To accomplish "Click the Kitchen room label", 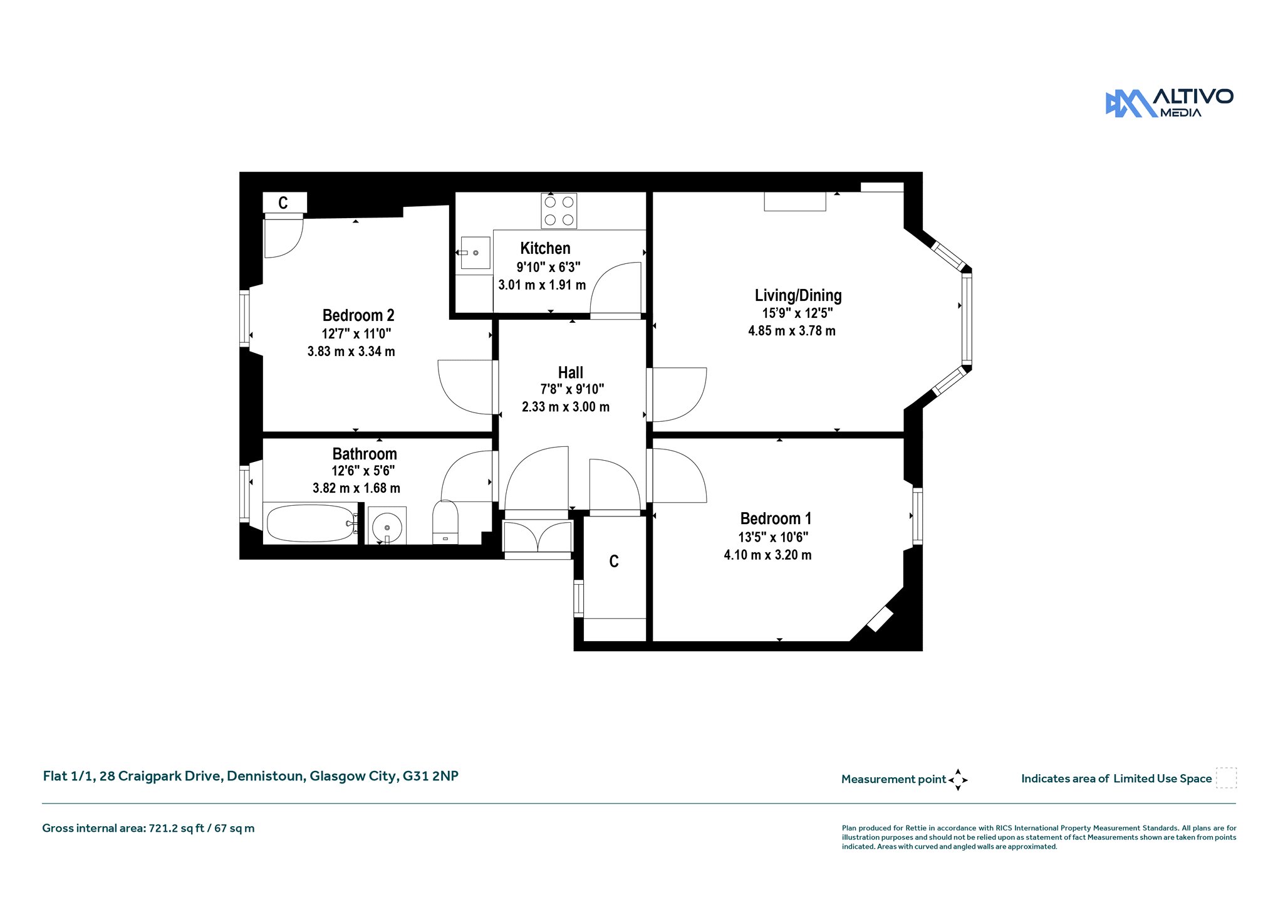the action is pyautogui.click(x=545, y=248).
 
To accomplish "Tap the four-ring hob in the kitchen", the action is pyautogui.click(x=559, y=211).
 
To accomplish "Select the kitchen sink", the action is pyautogui.click(x=475, y=253).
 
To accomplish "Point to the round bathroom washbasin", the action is pyautogui.click(x=387, y=526).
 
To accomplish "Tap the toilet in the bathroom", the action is pyautogui.click(x=445, y=522).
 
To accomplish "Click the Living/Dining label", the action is pyautogui.click(x=798, y=295).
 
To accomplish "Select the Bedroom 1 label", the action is pyautogui.click(x=776, y=518).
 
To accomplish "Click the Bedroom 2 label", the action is pyautogui.click(x=358, y=315).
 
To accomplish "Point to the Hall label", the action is pyautogui.click(x=571, y=372).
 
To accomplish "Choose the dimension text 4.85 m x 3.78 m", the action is pyautogui.click(x=792, y=331).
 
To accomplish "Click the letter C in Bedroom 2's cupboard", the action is pyautogui.click(x=283, y=203).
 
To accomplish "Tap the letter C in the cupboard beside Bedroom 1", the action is pyautogui.click(x=614, y=562).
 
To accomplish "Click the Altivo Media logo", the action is pyautogui.click(x=1169, y=103).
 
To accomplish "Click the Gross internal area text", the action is pyautogui.click(x=148, y=829).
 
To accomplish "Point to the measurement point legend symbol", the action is pyautogui.click(x=958, y=780).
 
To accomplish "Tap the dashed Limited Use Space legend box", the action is pyautogui.click(x=1226, y=778).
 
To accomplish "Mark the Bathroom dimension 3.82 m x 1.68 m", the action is pyautogui.click(x=356, y=488).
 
